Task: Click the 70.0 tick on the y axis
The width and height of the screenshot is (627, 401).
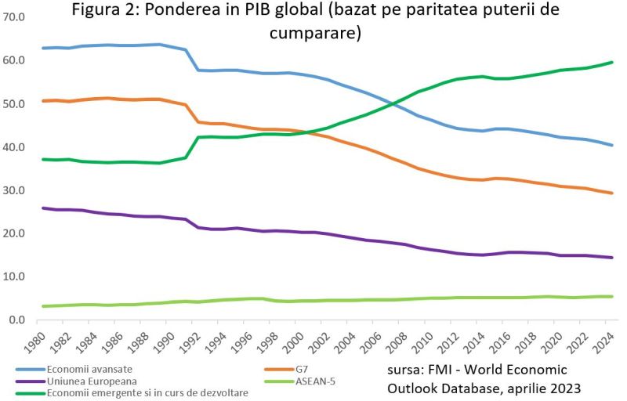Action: coord(15,16)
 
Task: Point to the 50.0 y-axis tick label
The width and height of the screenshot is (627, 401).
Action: coord(15,103)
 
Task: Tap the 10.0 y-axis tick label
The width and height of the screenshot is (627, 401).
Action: coord(15,276)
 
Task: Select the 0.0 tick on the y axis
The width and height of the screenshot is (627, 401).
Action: coord(17,320)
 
